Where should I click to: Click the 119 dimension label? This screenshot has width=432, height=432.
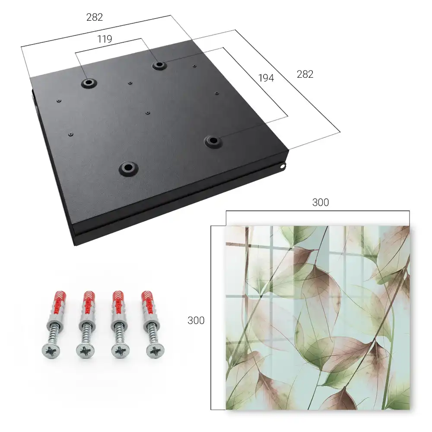105,39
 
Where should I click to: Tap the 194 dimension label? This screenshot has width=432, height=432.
266,78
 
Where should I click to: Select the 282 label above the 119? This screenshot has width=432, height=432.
95,17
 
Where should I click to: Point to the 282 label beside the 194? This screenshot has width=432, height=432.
305,74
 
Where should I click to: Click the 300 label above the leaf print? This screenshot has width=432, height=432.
321,203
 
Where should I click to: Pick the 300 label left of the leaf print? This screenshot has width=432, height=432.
196,321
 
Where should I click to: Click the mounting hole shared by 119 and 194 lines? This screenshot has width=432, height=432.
159,65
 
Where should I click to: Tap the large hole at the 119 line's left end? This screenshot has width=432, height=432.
89,83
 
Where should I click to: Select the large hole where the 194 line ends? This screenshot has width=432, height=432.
213,141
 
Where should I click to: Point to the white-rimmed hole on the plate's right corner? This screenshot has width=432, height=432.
282,166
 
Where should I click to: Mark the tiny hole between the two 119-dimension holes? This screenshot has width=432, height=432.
130,83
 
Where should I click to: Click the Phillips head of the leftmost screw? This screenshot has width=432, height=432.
51,350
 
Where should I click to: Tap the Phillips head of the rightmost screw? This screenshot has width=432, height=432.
155,351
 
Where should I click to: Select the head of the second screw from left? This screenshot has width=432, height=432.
86,351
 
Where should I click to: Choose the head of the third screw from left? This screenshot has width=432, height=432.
121,351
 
